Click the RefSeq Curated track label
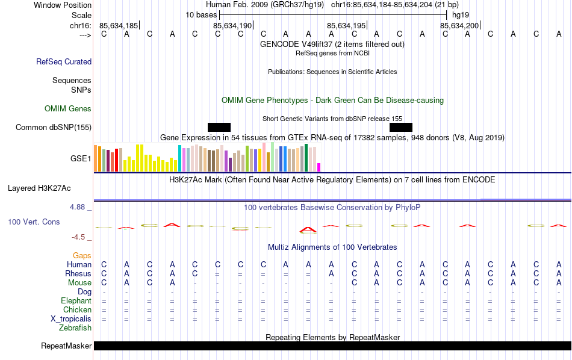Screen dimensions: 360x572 point(64,61)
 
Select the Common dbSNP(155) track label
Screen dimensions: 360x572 point(54,127)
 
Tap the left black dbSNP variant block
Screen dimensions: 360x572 point(219,127)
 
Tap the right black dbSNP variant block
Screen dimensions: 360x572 point(401,127)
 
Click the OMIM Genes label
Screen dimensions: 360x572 point(68,109)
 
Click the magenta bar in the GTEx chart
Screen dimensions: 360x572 point(319,167)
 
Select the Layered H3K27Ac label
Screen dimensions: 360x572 point(39,188)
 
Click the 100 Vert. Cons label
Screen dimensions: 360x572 point(34,222)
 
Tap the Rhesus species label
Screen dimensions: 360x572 point(78,274)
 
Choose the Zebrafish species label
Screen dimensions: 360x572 point(75,328)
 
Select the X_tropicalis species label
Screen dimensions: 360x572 point(71,319)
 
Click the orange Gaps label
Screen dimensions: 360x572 point(82,256)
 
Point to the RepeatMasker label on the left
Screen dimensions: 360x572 point(66,346)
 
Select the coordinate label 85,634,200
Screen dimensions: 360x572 point(459,25)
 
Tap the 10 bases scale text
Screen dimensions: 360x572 point(201,14)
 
